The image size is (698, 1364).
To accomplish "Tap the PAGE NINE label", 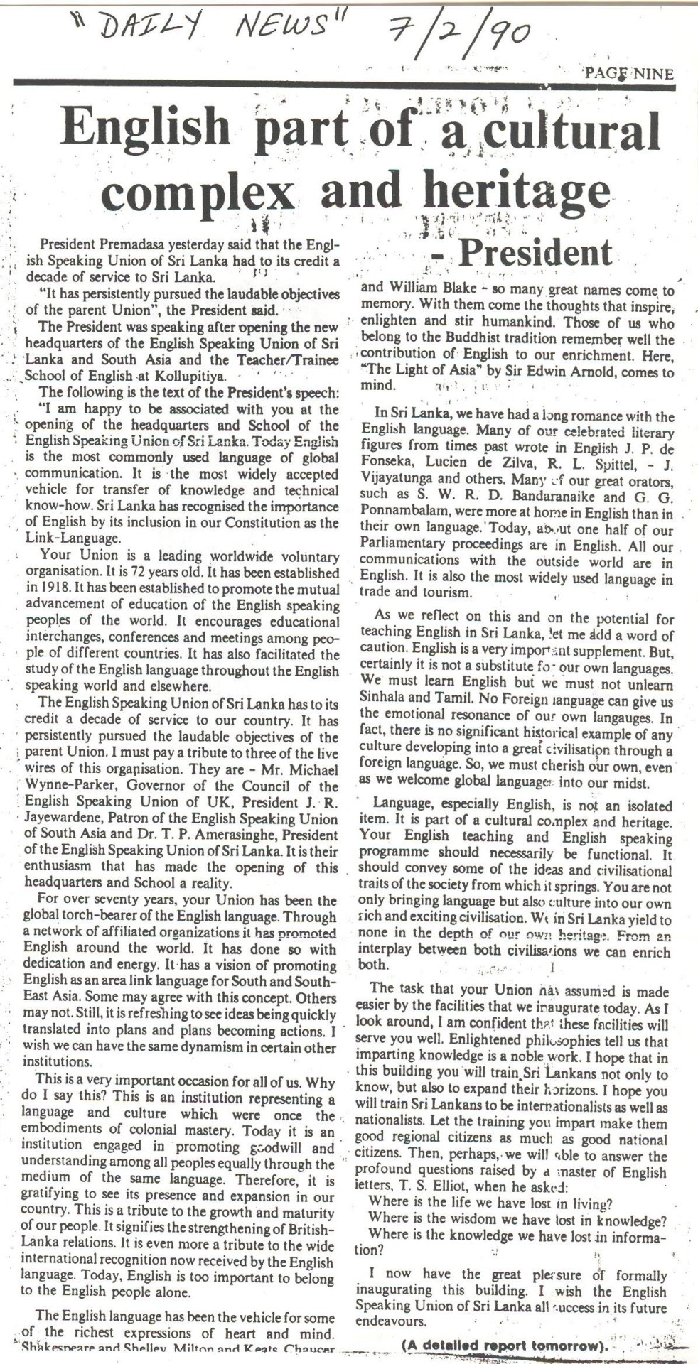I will [628, 74].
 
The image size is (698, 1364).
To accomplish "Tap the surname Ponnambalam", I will [406, 509].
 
